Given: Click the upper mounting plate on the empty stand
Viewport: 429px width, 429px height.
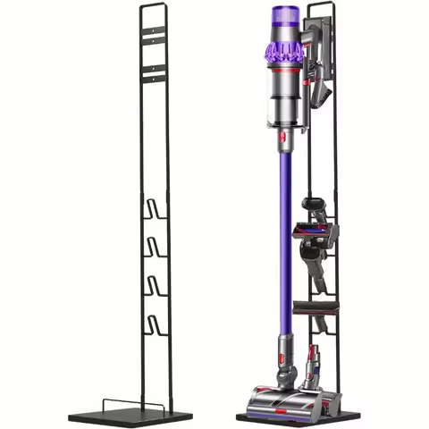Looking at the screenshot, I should (154, 37).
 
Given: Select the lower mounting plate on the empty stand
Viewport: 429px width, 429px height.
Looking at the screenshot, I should (154, 76).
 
